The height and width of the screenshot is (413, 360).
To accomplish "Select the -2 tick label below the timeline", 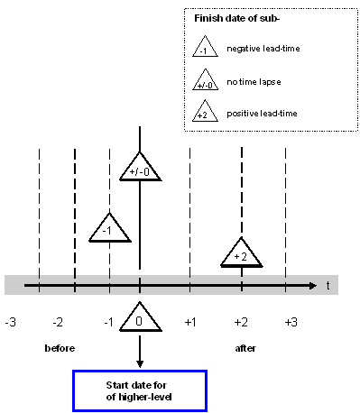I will [58, 322].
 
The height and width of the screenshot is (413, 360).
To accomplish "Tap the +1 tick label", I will [190, 322].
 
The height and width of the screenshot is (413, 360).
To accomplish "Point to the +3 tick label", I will [290, 322].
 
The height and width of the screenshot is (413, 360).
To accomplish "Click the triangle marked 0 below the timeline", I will [140, 318].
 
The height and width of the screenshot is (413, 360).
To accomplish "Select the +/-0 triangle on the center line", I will [140, 168].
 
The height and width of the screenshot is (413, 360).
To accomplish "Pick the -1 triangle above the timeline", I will [109, 228].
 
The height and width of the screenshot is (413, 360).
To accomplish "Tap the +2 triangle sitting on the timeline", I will [241, 254].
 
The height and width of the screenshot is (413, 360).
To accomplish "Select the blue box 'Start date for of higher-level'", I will [140, 390].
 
